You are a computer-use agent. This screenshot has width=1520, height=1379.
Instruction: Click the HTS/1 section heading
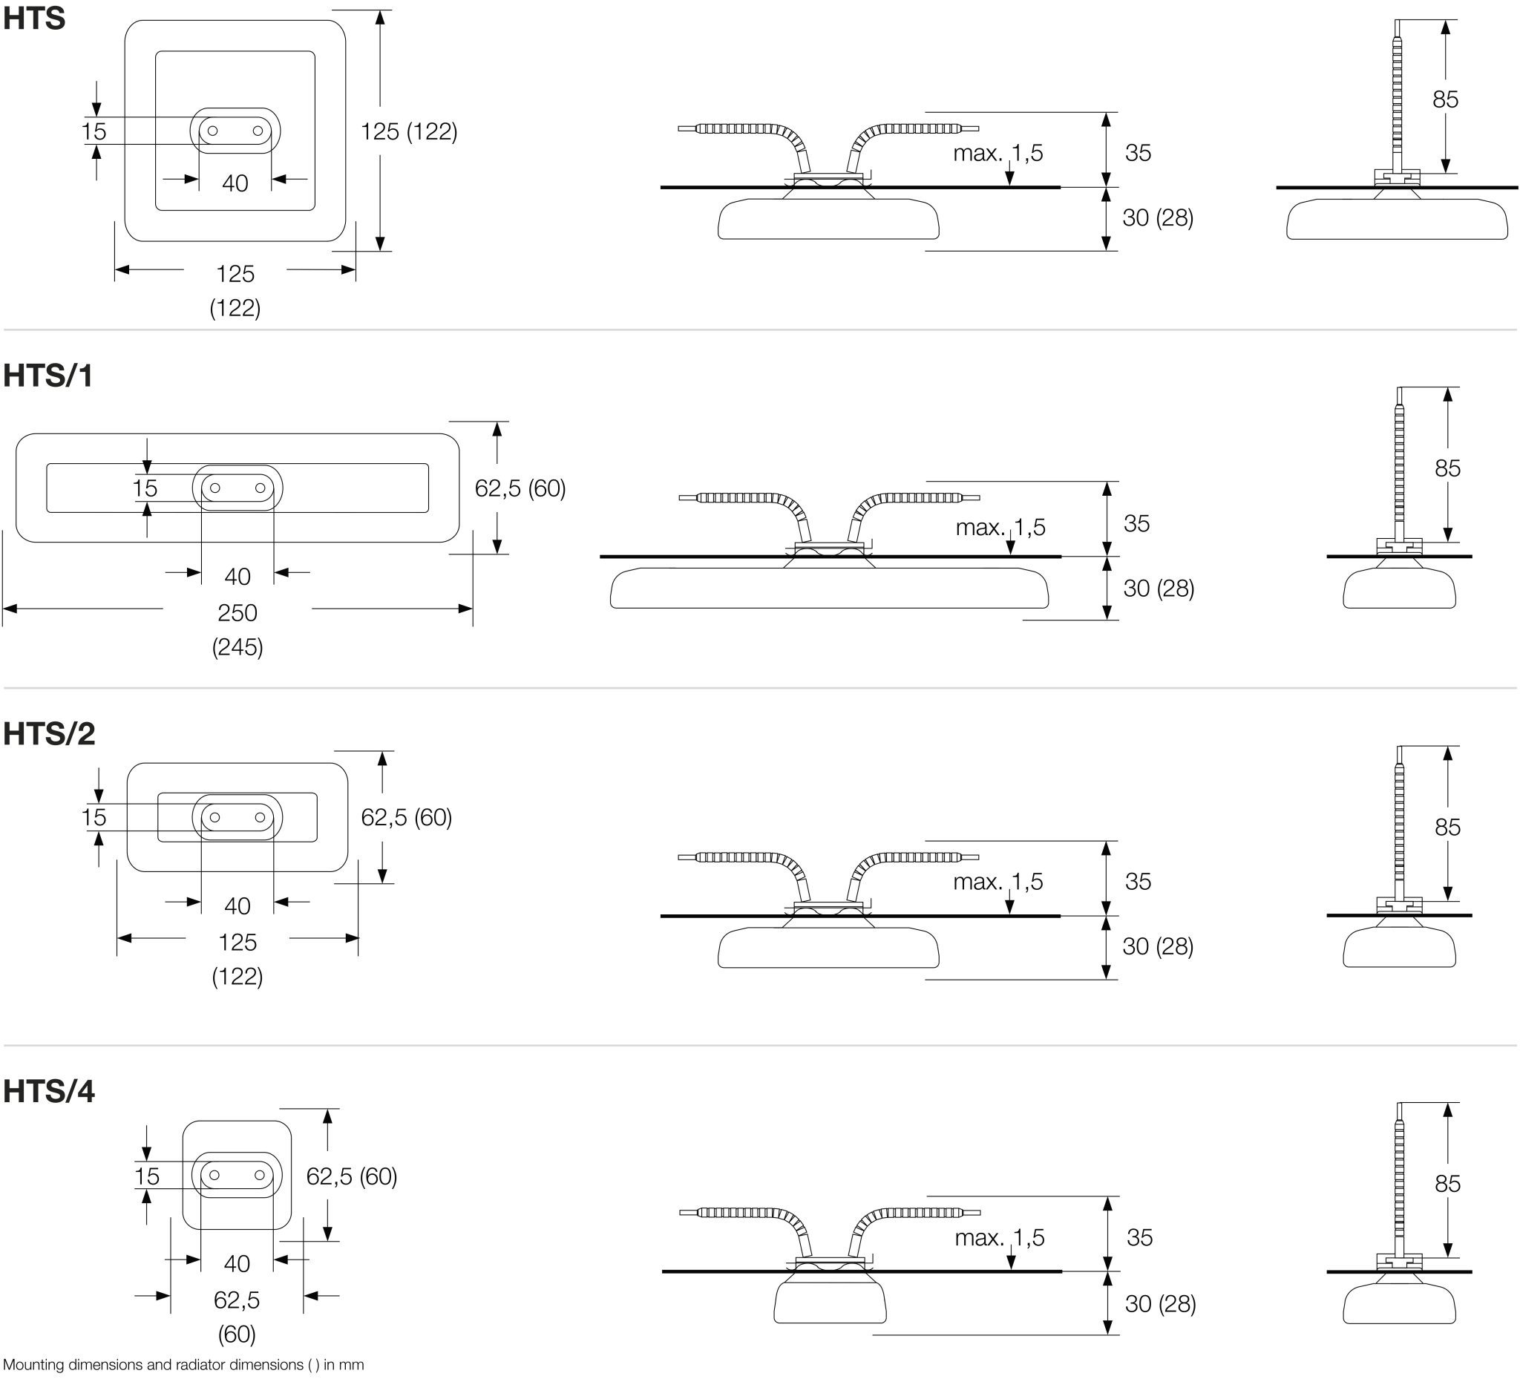point(47,376)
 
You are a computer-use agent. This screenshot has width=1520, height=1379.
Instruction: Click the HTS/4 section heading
point(49,1091)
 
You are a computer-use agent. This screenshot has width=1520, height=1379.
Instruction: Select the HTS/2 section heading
point(49,733)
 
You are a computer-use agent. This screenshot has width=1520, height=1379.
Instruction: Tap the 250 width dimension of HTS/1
point(237,612)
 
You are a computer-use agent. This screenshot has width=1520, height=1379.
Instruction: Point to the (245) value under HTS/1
point(237,647)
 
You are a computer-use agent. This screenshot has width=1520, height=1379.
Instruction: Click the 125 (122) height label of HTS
point(409,131)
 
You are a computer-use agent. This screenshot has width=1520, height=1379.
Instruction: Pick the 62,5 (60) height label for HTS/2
point(407,817)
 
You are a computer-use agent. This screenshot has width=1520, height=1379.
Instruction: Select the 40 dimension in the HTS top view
point(235,183)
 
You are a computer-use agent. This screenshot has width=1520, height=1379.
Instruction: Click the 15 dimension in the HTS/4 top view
point(147,1176)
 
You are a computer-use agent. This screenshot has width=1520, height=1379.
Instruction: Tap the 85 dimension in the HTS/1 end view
point(1447,468)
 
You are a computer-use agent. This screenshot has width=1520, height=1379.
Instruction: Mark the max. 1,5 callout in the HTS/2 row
point(998,882)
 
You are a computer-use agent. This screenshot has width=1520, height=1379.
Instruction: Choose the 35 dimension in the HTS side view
point(1139,153)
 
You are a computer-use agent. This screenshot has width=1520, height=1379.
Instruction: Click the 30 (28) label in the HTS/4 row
point(1160,1303)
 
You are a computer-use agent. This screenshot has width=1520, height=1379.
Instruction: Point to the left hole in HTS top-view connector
point(212,131)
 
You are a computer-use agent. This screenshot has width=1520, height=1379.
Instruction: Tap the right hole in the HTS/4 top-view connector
point(260,1175)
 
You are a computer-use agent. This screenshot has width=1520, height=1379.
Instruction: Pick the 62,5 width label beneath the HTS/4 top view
point(237,1300)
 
